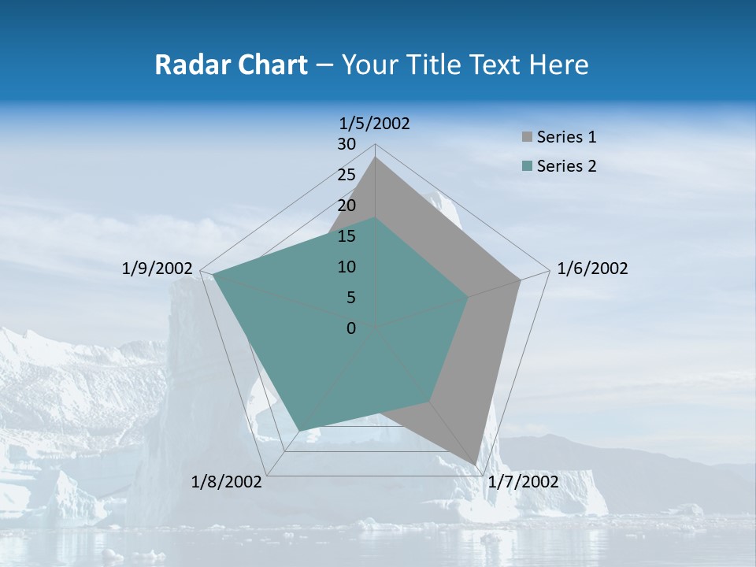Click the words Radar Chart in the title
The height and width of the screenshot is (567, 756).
pyautogui.click(x=231, y=65)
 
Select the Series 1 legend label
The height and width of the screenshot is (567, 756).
pyautogui.click(x=566, y=137)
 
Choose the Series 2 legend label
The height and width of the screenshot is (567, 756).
pyautogui.click(x=566, y=166)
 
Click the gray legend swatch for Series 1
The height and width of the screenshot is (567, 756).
pyautogui.click(x=527, y=138)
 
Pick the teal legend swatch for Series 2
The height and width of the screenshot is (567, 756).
pyautogui.click(x=527, y=166)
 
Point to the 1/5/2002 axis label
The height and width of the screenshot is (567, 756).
pyautogui.click(x=375, y=123)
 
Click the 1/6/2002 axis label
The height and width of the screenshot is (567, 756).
pyautogui.click(x=592, y=269)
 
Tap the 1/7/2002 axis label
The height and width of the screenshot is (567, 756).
pyautogui.click(x=523, y=481)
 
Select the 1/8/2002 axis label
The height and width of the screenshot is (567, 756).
pyautogui.click(x=227, y=481)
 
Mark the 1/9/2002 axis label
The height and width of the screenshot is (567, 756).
pyautogui.click(x=157, y=269)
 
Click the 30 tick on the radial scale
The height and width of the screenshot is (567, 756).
pyautogui.click(x=346, y=144)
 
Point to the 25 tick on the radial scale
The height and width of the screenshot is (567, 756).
pyautogui.click(x=346, y=175)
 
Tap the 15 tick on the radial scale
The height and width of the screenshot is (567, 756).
pyautogui.click(x=346, y=236)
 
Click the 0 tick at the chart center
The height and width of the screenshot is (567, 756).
pyautogui.click(x=351, y=328)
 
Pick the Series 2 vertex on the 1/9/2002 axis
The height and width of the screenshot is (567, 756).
pyautogui.click(x=213, y=274)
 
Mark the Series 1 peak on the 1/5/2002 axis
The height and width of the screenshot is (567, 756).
pyautogui.click(x=376, y=157)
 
